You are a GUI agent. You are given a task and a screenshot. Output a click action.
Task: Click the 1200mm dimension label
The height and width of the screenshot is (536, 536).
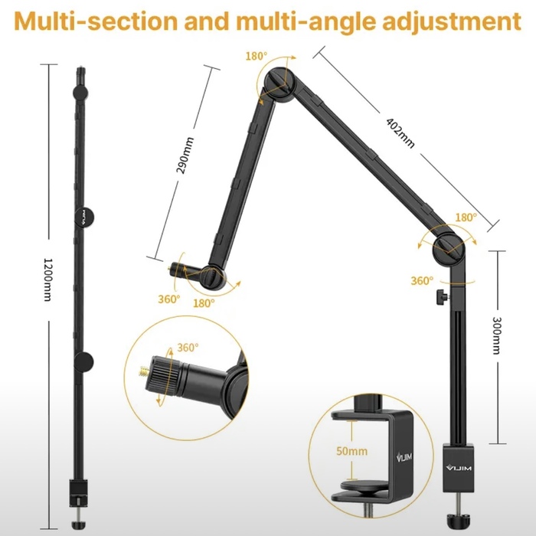point(48,279)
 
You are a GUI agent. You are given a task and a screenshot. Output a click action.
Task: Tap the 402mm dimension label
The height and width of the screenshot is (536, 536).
point(400,133)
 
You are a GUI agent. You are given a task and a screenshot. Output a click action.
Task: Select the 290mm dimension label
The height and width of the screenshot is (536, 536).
point(185,155)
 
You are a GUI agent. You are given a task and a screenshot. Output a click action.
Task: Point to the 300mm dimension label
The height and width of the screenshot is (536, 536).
point(497,335)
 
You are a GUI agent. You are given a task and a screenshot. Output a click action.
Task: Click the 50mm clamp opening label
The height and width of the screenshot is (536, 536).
point(351,451)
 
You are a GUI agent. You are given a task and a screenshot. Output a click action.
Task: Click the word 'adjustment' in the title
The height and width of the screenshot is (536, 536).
point(452,21)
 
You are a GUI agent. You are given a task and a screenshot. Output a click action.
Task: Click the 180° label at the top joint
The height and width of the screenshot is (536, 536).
point(257,56)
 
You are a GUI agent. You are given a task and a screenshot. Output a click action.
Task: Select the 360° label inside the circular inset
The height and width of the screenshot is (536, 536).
point(188,348)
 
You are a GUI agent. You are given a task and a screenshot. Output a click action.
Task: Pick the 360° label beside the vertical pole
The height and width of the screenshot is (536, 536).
point(422,281)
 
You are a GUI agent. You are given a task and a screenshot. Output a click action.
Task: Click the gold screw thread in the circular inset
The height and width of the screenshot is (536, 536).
point(145,371)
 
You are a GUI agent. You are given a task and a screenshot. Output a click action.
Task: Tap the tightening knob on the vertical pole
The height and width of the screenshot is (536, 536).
point(442,296)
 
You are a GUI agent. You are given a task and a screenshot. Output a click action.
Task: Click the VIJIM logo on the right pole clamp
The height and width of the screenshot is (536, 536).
point(459,467)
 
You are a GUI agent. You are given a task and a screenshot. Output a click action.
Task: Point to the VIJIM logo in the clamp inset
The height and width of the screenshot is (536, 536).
point(404,457)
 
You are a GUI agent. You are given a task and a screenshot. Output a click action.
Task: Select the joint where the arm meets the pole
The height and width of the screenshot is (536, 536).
point(449,249)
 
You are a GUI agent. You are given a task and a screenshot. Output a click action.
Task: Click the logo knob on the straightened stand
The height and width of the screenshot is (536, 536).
point(84,217)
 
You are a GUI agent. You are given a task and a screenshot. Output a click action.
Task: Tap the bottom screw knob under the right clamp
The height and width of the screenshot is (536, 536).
point(458,520)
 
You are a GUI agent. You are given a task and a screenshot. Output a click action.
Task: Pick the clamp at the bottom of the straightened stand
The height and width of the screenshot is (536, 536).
point(79,493)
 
